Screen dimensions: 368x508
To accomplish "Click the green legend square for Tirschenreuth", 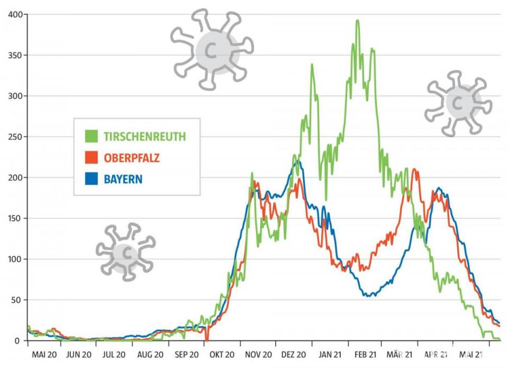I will point(92,136).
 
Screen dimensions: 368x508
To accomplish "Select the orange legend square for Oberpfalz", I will point(92,158).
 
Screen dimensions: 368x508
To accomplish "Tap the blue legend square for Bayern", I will point(92,179).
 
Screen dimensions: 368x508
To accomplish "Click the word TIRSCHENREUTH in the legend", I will point(144,137).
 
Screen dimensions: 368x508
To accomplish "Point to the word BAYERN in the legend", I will point(123,179).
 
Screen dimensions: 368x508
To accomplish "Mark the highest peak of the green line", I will point(358,21).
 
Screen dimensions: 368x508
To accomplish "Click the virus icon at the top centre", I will point(212,49).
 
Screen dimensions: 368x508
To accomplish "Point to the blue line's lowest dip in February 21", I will point(370,295).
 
